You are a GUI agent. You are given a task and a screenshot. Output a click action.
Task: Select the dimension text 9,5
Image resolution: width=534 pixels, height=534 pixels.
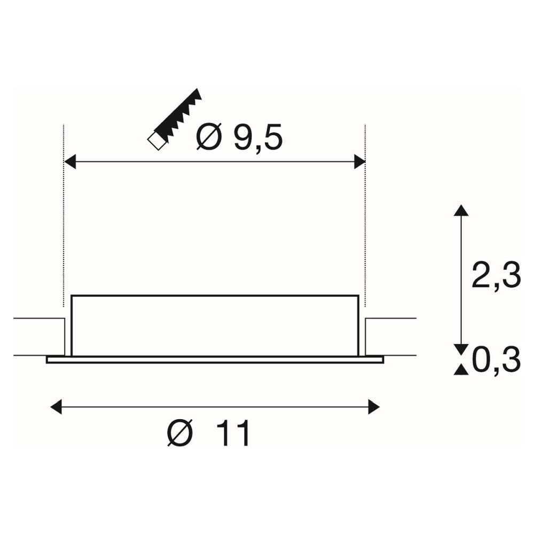[x=258, y=138]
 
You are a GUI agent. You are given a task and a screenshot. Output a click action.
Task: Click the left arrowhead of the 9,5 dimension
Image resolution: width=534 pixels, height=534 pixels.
[x=70, y=161]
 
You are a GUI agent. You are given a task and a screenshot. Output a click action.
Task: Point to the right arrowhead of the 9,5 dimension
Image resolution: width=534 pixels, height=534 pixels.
[x=359, y=161]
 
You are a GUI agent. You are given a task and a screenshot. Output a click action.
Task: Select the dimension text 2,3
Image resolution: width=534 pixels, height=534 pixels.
[x=496, y=275]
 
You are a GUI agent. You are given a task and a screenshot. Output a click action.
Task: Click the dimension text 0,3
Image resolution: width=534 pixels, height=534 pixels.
[x=496, y=360]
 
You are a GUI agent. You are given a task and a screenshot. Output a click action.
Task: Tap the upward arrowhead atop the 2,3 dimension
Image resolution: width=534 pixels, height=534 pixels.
[x=461, y=210]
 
